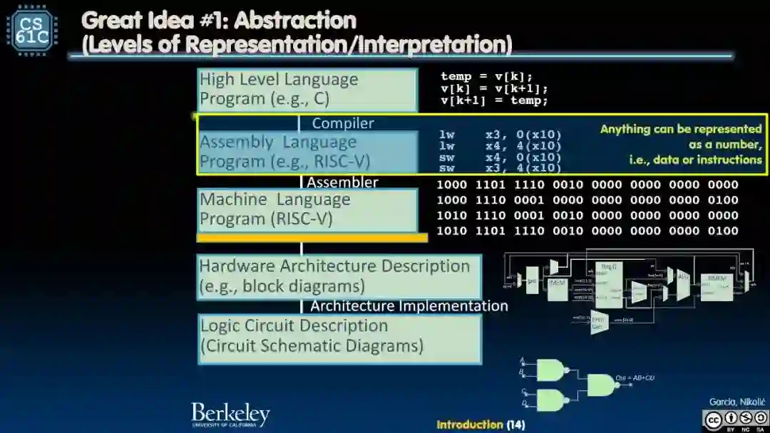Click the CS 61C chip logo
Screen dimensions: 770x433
(x=32, y=29)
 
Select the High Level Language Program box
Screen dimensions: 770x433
(x=307, y=89)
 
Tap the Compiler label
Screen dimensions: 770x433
(x=343, y=123)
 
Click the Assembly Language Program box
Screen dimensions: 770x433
(x=307, y=152)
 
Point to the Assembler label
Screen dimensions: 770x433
(x=342, y=182)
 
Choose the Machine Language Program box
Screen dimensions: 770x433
(x=307, y=209)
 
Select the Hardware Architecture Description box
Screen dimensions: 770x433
(x=339, y=276)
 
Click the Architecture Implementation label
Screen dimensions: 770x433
(x=409, y=306)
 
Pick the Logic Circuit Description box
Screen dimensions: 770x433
(x=339, y=337)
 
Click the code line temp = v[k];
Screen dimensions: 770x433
(x=486, y=76)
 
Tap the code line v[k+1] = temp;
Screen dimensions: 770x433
(x=494, y=100)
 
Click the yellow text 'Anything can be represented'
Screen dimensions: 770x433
(x=681, y=129)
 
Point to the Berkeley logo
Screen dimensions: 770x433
(x=230, y=414)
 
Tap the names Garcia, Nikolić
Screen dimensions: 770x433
(x=736, y=402)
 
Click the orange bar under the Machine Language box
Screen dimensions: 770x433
(x=312, y=238)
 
